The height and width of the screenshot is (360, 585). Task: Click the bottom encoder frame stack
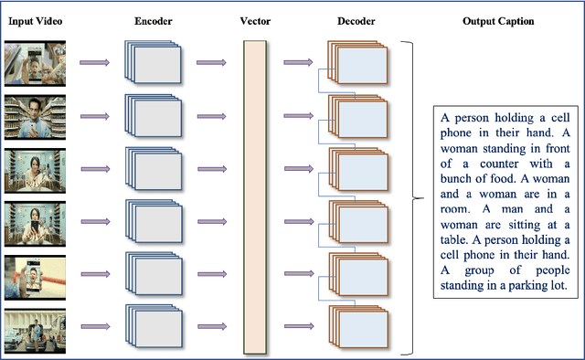pyautogui.click(x=154, y=326)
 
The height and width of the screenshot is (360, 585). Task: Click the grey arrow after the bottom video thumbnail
pyautogui.click(x=94, y=325)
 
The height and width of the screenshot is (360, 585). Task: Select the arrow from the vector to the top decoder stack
pyautogui.click(x=298, y=62)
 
